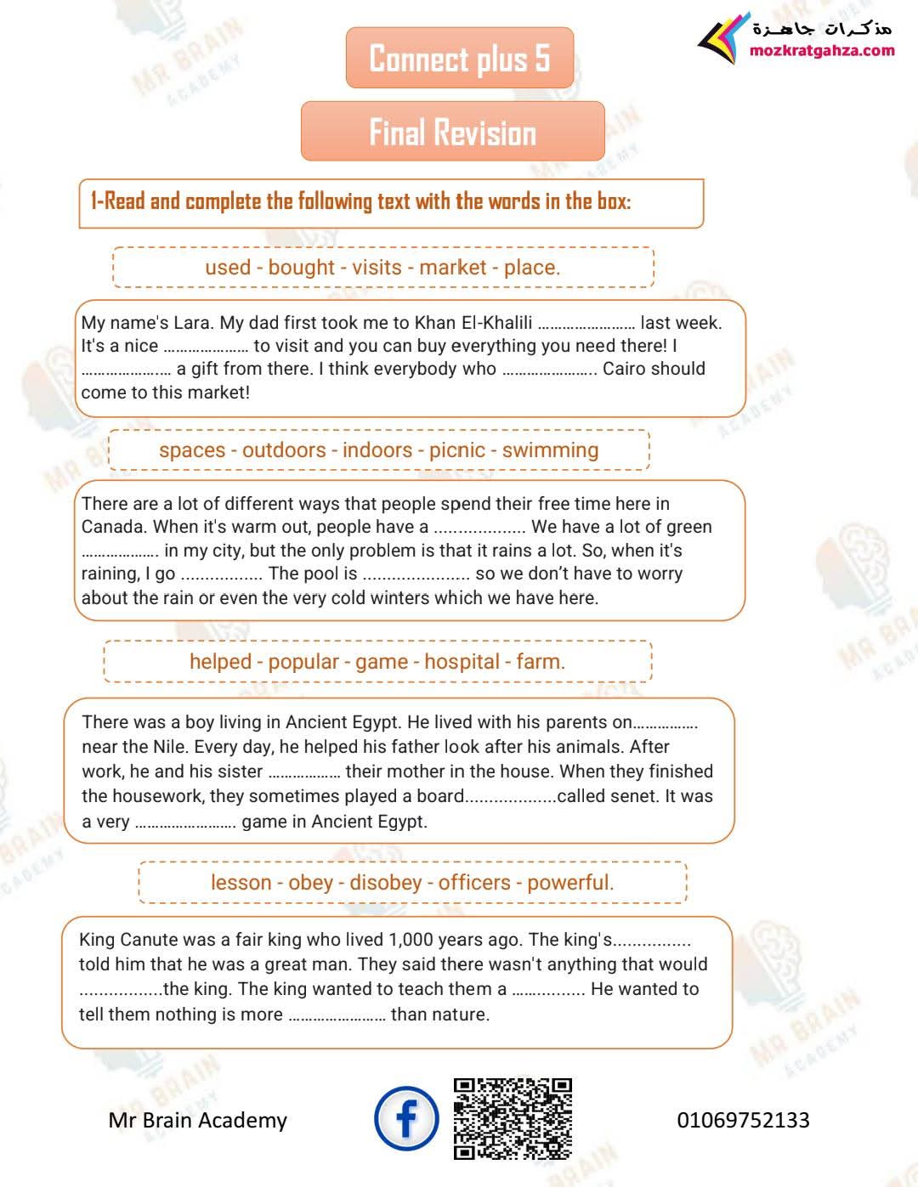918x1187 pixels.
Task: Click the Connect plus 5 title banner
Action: [460, 58]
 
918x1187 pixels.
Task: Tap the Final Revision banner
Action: [452, 132]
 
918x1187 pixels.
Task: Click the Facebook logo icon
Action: [406, 1118]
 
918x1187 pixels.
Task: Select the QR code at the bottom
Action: [513, 1118]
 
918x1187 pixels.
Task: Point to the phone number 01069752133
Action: [743, 1120]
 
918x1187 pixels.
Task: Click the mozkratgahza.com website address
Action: [822, 50]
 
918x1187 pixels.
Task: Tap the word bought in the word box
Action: [301, 267]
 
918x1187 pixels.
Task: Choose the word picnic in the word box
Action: [457, 449]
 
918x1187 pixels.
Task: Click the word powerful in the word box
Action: [569, 882]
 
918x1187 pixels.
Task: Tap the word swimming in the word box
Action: [550, 449]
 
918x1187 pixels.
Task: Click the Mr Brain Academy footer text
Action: [198, 1120]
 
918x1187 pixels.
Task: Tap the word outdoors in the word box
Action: [284, 449]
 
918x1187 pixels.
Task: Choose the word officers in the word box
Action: [474, 882]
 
